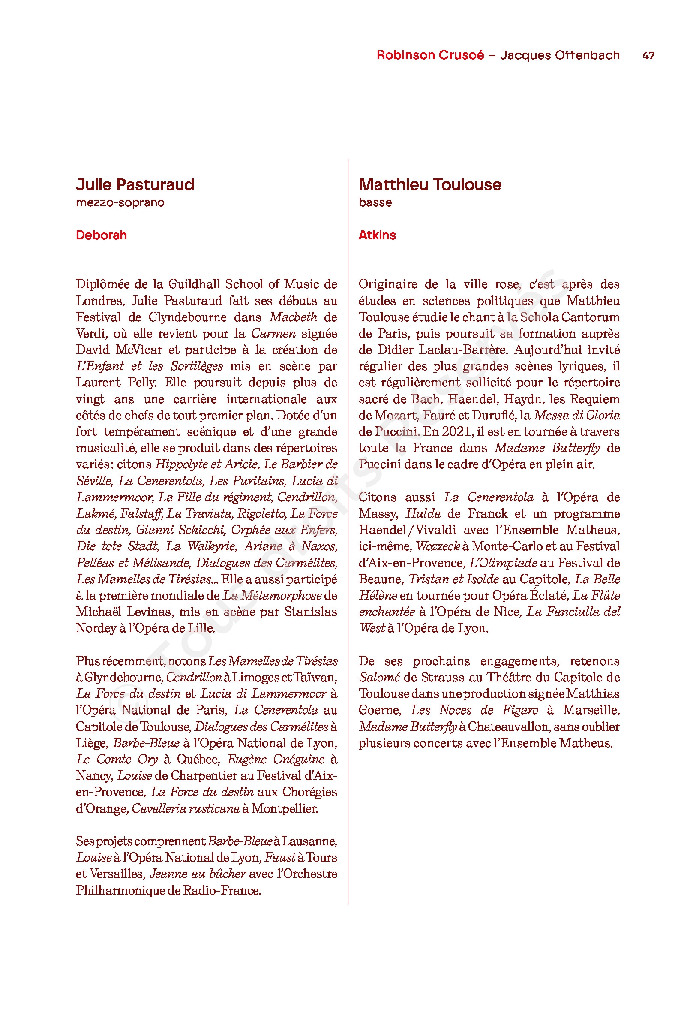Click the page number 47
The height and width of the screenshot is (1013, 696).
click(x=648, y=56)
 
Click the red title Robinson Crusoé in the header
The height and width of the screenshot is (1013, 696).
click(x=430, y=55)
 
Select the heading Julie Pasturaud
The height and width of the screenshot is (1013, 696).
click(x=135, y=184)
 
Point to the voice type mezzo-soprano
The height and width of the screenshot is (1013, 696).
click(x=120, y=203)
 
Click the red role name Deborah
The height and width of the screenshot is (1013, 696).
click(x=101, y=235)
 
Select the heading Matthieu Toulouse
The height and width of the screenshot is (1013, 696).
click(x=430, y=184)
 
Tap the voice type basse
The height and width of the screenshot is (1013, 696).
click(x=375, y=203)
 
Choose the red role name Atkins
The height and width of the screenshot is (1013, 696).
click(x=377, y=235)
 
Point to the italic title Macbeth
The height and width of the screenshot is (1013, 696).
click(x=293, y=317)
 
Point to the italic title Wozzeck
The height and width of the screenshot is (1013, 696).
click(x=438, y=546)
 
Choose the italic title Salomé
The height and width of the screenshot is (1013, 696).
click(x=379, y=678)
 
